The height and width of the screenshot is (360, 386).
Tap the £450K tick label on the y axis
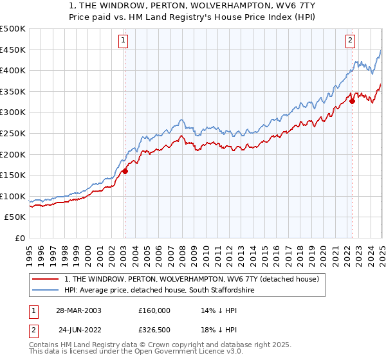(13, 50)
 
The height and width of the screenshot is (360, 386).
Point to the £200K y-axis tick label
(13, 154)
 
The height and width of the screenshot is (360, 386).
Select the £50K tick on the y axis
(15, 217)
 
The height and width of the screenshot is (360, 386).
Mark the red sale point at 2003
(125, 171)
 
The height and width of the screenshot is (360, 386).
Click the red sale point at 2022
(353, 101)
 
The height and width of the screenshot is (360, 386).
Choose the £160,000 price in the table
(154, 310)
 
